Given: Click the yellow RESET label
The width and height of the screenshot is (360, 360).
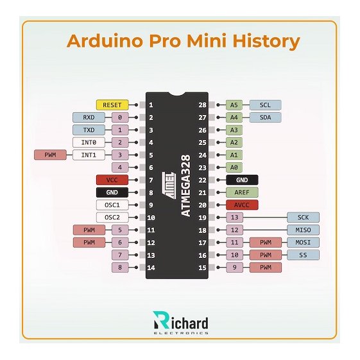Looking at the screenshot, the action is pyautogui.click(x=112, y=105).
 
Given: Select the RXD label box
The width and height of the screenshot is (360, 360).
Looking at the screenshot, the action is pyautogui.click(x=89, y=117).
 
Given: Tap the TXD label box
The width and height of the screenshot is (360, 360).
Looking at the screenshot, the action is pyautogui.click(x=89, y=130).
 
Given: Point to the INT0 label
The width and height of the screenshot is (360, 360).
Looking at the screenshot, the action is pyautogui.click(x=89, y=142).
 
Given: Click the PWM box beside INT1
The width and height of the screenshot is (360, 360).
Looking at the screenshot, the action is pyautogui.click(x=50, y=155).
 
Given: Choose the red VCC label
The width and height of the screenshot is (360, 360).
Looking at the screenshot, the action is pyautogui.click(x=112, y=180).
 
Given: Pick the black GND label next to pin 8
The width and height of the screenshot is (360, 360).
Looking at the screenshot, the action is pyautogui.click(x=112, y=192).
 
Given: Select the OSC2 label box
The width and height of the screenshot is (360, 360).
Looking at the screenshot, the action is pyautogui.click(x=112, y=217).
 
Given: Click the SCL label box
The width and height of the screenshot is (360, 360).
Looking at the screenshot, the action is pyautogui.click(x=265, y=105).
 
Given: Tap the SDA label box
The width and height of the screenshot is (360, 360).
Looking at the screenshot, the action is pyautogui.click(x=265, y=117).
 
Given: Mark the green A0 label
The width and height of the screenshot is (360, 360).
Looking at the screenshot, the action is pyautogui.click(x=234, y=167).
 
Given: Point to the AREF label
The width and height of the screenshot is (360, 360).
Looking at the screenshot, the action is pyautogui.click(x=242, y=192).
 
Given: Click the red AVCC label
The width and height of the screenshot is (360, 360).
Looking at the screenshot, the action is pyautogui.click(x=242, y=205).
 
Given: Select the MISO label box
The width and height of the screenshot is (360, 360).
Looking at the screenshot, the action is pyautogui.click(x=303, y=230).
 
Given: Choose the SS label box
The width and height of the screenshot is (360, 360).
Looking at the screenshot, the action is pyautogui.click(x=303, y=255).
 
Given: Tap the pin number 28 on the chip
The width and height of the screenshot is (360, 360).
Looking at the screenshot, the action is pyautogui.click(x=203, y=105).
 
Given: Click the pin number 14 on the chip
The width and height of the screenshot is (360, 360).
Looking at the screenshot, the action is pyautogui.click(x=151, y=268).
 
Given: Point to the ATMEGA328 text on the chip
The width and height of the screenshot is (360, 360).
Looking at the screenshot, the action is pyautogui.click(x=186, y=185).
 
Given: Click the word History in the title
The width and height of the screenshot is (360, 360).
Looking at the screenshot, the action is pyautogui.click(x=266, y=41).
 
